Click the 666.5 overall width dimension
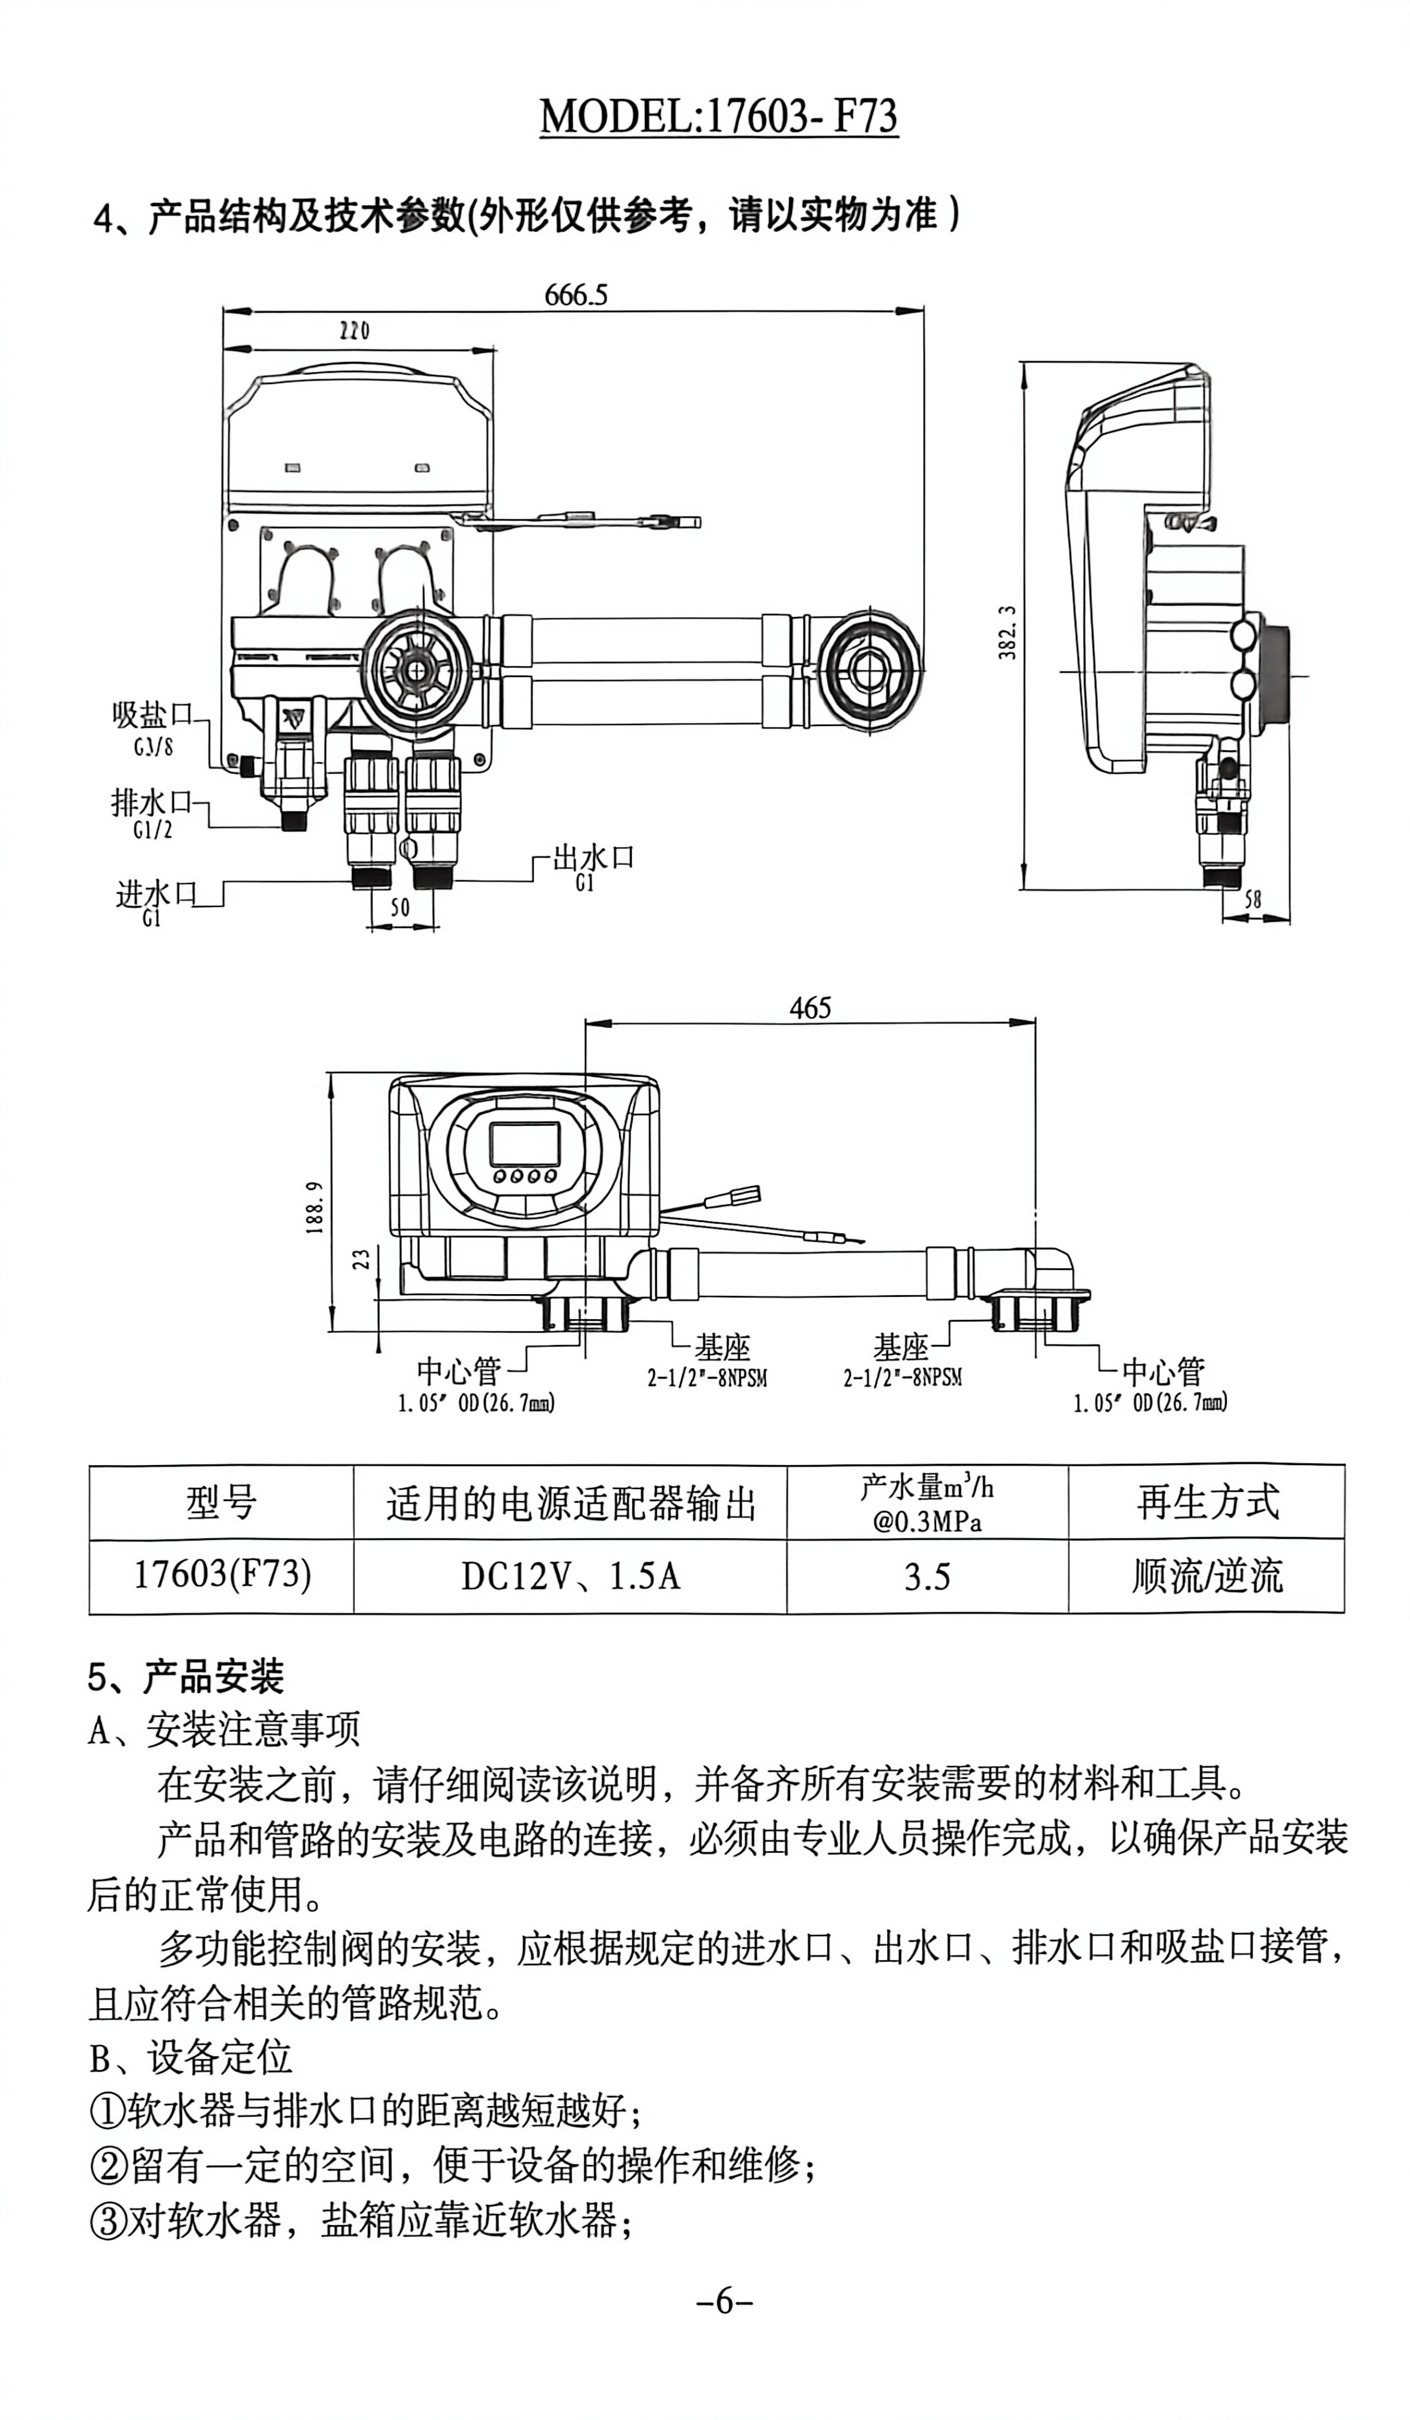point(576,294)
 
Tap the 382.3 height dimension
point(1006,632)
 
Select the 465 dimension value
point(809,1007)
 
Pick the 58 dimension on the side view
point(1253,900)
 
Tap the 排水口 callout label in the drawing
point(153,802)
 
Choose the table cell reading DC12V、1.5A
point(570,1577)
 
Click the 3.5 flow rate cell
point(927,1577)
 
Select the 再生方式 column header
point(1208,1502)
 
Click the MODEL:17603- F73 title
point(718,117)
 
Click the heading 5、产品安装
point(186,1677)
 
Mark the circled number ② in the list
point(107,2166)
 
